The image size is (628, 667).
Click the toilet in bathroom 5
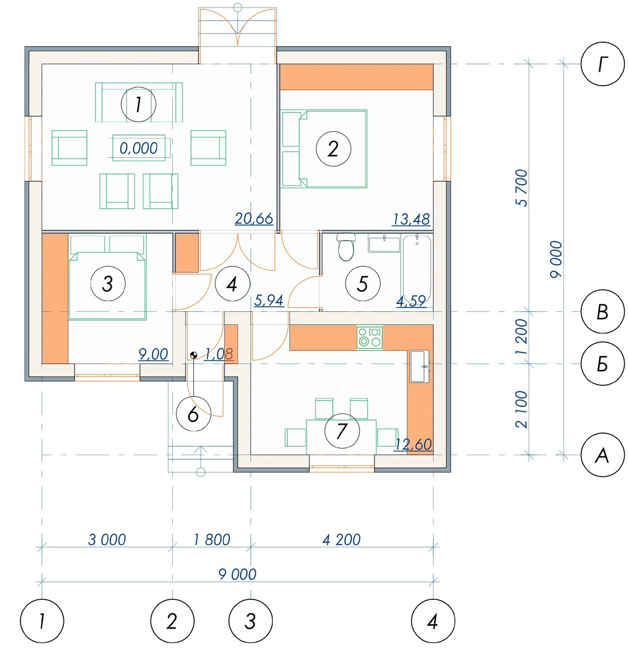tap(346, 247)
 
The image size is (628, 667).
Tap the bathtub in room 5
tap(416, 269)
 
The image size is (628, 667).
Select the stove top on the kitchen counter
tap(369, 337)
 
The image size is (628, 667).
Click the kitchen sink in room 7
tap(419, 366)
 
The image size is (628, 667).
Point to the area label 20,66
tap(254, 218)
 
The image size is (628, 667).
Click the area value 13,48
tap(411, 220)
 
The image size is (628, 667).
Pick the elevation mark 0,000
tap(139, 148)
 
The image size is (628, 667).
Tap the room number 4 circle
tap(232, 284)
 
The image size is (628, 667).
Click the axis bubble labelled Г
tap(602, 64)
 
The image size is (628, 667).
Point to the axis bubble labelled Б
tap(602, 364)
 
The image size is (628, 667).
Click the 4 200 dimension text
tap(341, 540)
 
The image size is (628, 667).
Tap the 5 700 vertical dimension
tap(523, 188)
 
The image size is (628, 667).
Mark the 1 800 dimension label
tap(212, 540)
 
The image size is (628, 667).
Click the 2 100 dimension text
tap(522, 409)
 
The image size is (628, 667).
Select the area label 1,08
tap(218, 354)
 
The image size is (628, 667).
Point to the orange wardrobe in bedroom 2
tap(356, 77)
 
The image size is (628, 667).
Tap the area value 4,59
tap(411, 301)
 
